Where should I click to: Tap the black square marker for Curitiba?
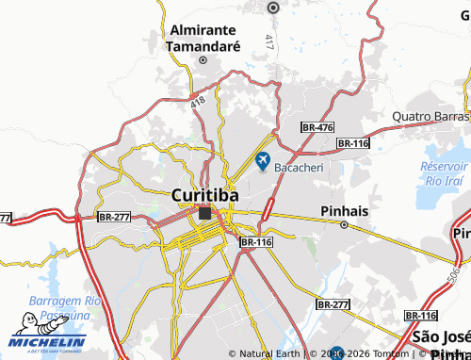pos(205,214)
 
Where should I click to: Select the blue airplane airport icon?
pos(262,159)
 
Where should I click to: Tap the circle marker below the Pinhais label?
pos(344,225)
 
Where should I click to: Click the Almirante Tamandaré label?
pos(204,37)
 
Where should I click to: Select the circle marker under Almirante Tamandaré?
pos(202,59)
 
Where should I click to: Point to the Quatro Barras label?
pos(430,117)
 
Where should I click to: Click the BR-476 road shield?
pos(317,127)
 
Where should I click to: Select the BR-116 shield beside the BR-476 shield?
pos(352,142)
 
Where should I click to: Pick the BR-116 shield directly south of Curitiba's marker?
pos(256,242)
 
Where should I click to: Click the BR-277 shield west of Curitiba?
pos(113,217)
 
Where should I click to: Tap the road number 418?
pos(196,101)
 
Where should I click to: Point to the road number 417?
pos(268,42)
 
